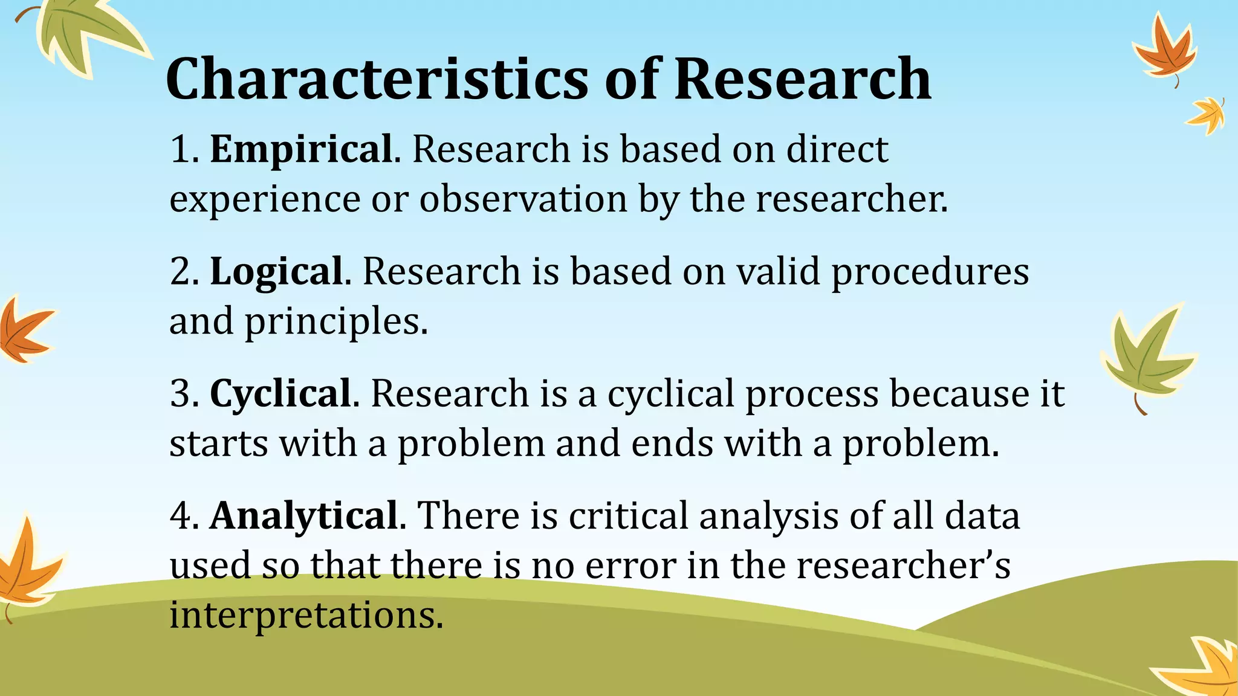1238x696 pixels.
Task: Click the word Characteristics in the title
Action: (x=376, y=79)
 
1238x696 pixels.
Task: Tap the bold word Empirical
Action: (x=301, y=149)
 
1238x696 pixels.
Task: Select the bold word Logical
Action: (x=276, y=271)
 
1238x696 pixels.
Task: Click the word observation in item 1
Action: (x=523, y=199)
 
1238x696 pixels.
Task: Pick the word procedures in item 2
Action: (x=930, y=272)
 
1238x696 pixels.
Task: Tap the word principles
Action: (x=335, y=322)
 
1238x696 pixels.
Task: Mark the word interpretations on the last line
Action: (x=306, y=616)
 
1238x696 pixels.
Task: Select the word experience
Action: (x=265, y=200)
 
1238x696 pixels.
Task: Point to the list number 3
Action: (x=180, y=393)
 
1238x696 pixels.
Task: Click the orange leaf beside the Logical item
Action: (x=24, y=329)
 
